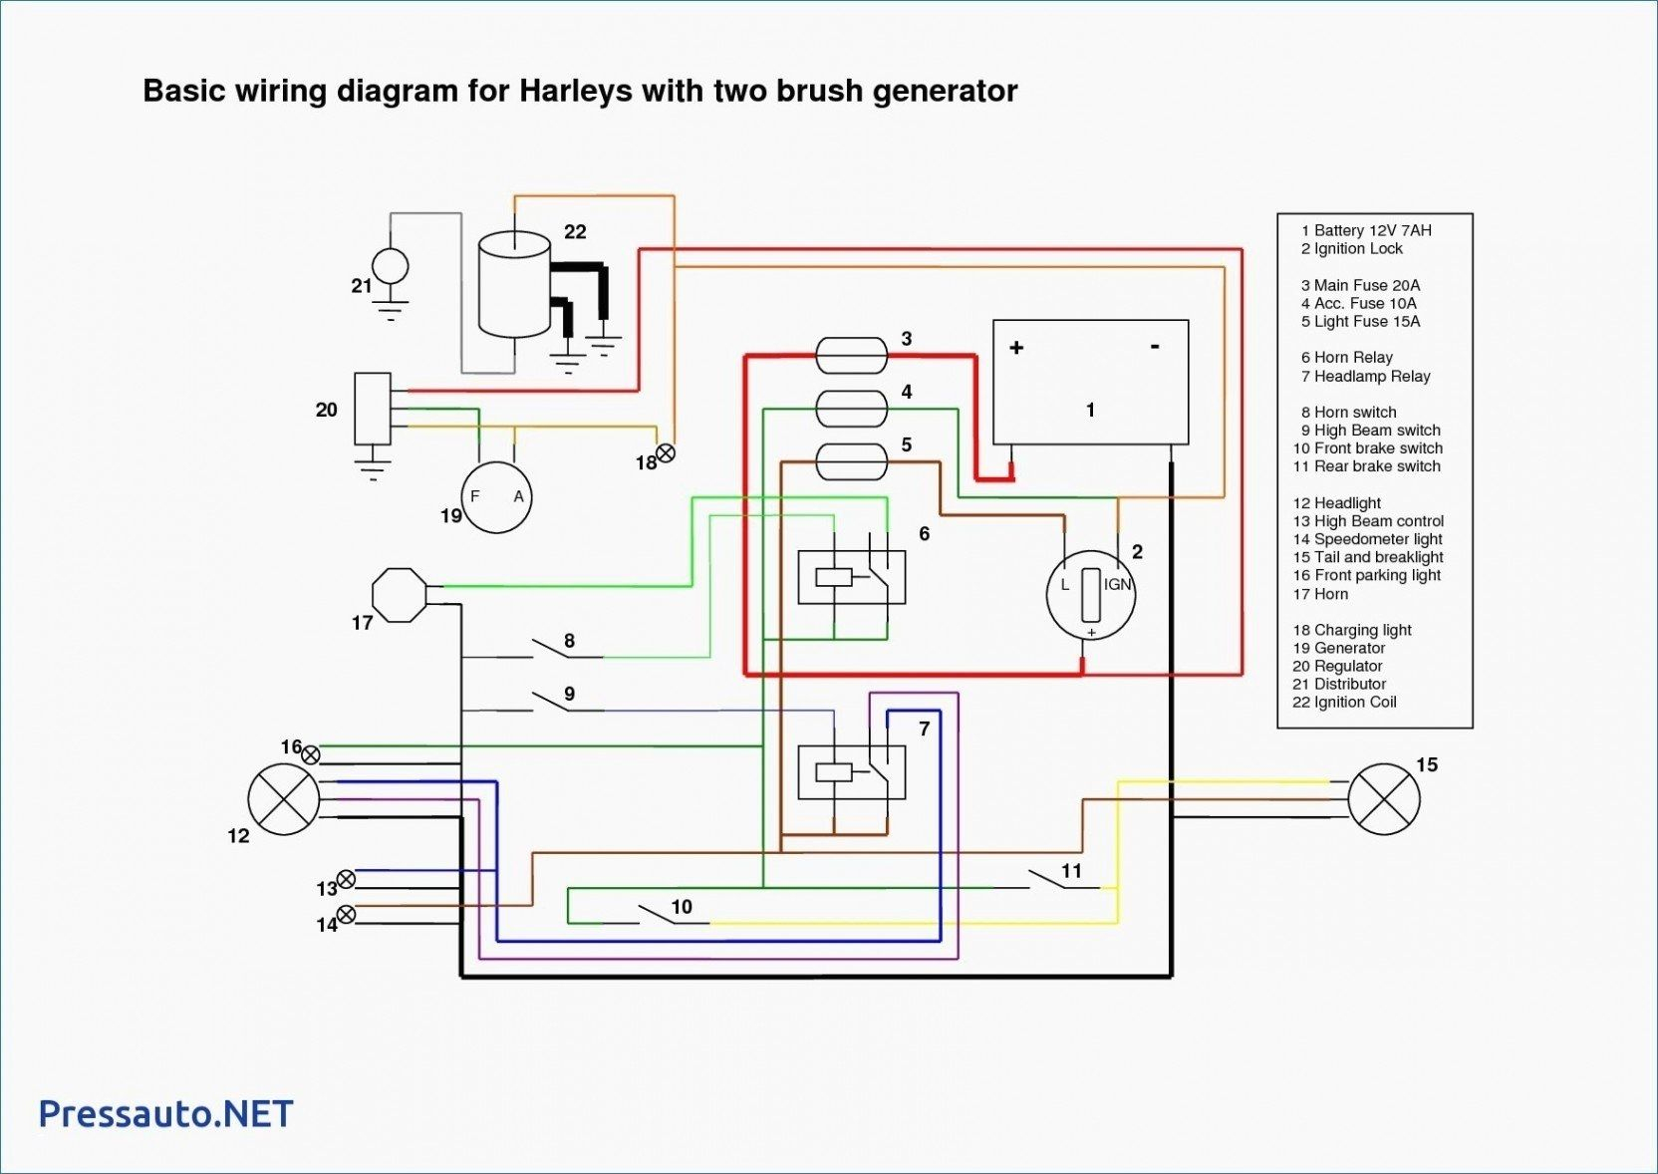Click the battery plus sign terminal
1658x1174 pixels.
tap(1016, 348)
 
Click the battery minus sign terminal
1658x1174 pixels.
tap(1155, 347)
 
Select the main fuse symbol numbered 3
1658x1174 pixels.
tap(851, 355)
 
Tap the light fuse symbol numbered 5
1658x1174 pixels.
tap(851, 460)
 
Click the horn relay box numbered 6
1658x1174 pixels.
tap(852, 577)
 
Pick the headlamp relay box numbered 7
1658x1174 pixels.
tap(852, 771)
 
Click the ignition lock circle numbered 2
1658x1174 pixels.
tap(1091, 595)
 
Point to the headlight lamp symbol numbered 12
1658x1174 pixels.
tap(284, 799)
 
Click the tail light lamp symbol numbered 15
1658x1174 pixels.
tap(1384, 799)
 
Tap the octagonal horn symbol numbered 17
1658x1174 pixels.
tap(400, 595)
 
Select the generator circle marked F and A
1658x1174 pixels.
tap(496, 497)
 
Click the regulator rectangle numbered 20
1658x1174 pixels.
tap(373, 409)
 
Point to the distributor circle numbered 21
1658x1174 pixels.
tap(390, 267)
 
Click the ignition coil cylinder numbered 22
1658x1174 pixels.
tap(514, 285)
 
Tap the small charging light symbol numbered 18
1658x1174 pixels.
tap(666, 453)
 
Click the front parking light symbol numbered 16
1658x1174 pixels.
tap(311, 754)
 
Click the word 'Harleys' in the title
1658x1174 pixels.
tap(575, 91)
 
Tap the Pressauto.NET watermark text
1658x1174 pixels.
tap(165, 1113)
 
